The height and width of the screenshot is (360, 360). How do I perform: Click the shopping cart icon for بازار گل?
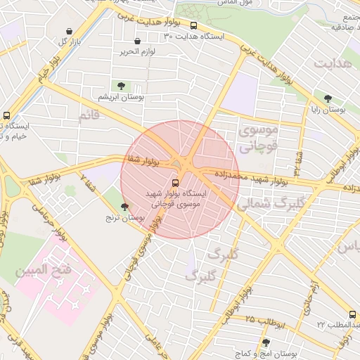pyautogui.click(x=69, y=32)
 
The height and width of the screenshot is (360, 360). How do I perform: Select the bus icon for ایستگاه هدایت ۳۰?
pyautogui.click(x=194, y=26)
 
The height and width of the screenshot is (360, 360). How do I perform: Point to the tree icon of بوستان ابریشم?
pyautogui.click(x=122, y=86)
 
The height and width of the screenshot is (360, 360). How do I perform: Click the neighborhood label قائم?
pyautogui.click(x=93, y=115)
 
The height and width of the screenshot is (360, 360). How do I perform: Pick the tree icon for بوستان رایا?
pyautogui.click(x=328, y=98)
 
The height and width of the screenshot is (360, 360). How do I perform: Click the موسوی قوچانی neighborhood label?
pyautogui.click(x=258, y=139)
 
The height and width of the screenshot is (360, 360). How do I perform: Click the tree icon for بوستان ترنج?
pyautogui.click(x=124, y=207)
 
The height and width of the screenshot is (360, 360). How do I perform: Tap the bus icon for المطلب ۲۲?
pyautogui.click(x=352, y=315)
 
